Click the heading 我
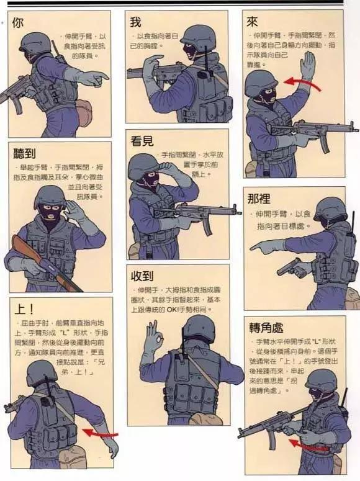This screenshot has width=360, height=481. (135, 22)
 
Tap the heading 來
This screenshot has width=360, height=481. (252, 22)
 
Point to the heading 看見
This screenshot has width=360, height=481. (142, 141)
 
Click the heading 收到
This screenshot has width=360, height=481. (142, 276)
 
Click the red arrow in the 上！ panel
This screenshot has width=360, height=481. (99, 432)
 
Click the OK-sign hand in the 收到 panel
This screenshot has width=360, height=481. (153, 339)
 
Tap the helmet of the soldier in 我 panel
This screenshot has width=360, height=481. (198, 35)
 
